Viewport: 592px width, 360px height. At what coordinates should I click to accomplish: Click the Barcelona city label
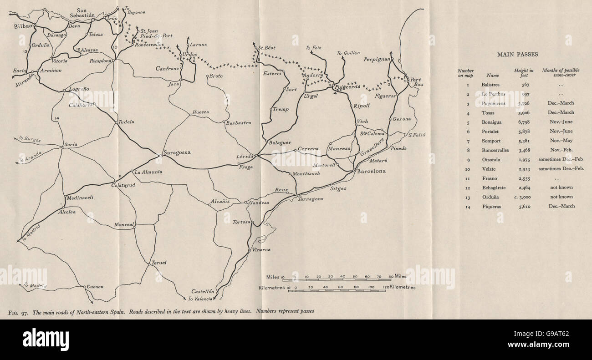coord(371,172)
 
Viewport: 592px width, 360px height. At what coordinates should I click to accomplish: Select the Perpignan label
coord(378,60)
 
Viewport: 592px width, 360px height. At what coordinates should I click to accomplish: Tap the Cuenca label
coord(95,287)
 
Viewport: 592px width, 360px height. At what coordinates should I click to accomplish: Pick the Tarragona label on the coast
coord(311,199)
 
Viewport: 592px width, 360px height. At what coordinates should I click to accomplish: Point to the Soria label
coord(71,144)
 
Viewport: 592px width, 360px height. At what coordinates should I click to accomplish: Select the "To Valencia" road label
coord(200,299)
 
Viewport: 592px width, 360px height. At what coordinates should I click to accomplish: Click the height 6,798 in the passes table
coord(524,122)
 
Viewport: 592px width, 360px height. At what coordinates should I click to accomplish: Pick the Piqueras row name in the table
coord(491,206)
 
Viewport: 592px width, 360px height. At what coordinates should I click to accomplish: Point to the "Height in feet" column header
coord(524,73)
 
